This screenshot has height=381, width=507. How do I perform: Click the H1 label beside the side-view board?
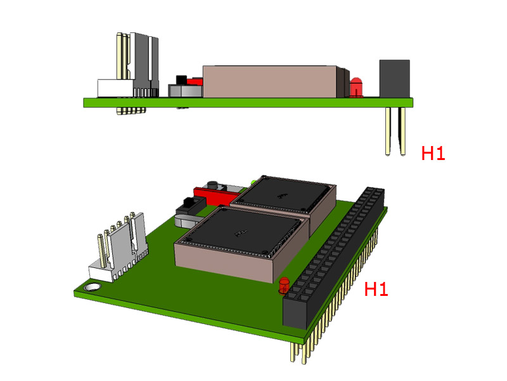pos(433,153)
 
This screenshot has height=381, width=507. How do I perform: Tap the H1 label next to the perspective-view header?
pos(376,290)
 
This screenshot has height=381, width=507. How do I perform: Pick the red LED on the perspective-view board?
pos(283,285)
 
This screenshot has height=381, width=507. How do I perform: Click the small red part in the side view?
pos(195,81)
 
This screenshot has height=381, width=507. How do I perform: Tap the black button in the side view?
pos(179,81)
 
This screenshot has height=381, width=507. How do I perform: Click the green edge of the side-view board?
pos(247,102)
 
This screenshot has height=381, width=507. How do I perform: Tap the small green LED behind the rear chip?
pos(253,182)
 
